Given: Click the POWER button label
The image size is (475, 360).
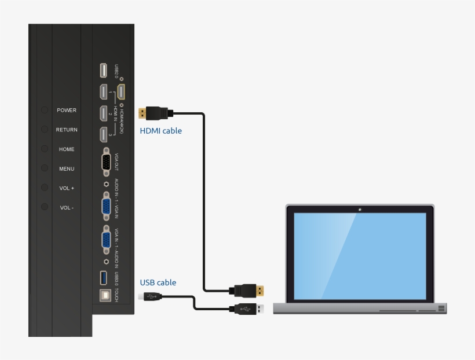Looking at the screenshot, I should pos(67,110).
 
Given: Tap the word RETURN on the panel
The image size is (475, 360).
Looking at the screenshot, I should pos(67,130).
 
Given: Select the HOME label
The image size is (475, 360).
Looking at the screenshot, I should pos(67,149).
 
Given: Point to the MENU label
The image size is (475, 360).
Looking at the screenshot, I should pos(67,169).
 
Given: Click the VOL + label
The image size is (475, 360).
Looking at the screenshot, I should pos(67,188).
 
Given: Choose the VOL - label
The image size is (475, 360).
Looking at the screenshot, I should pos(67,208).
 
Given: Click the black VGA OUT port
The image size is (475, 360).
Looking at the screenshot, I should pos(107,163).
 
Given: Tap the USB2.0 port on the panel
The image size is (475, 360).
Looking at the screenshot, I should pos(103,71).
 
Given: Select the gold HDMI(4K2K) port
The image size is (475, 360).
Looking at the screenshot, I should pos(121,92).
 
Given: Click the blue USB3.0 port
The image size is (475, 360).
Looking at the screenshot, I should pos(103,278).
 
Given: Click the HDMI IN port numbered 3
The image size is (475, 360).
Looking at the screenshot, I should pos(103,135).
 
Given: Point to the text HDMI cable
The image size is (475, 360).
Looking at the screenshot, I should pos(160,131).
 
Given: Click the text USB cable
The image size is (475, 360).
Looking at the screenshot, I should pos(158,283).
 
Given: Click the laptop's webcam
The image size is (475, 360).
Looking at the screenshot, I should pos(360,209).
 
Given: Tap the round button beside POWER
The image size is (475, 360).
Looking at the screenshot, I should pos(45,110).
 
